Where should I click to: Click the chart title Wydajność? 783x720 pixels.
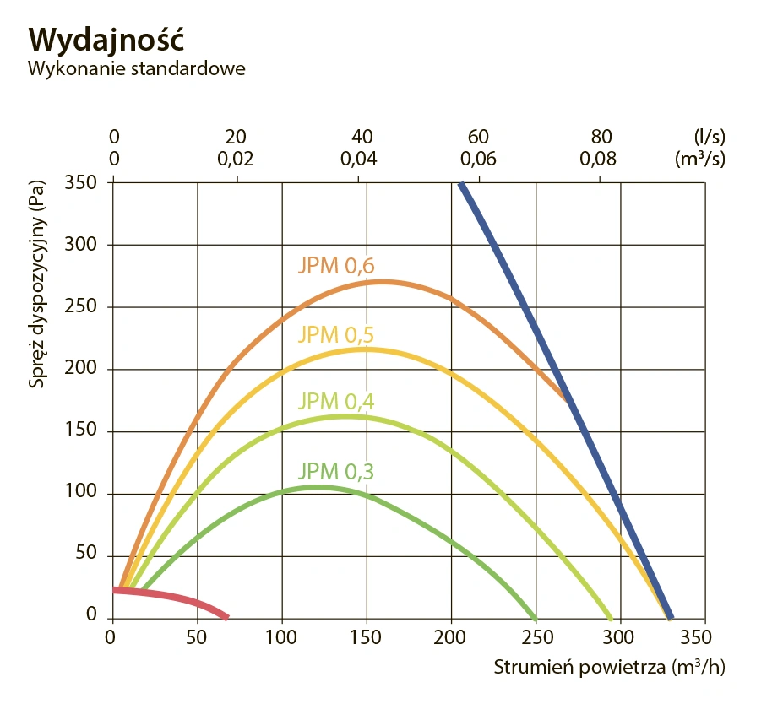coord(106,39)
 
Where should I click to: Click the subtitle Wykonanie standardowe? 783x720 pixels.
coord(137,68)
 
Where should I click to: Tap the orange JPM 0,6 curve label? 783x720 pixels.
coord(336,266)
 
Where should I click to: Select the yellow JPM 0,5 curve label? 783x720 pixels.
coord(336,334)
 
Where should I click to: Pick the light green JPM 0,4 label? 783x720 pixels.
coord(336,401)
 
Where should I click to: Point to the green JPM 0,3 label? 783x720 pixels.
coord(336,471)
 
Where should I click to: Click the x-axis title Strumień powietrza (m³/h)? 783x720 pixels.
coord(609,667)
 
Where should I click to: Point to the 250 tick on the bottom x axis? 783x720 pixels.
coord(536,636)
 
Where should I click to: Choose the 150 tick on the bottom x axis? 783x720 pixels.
coord(367,636)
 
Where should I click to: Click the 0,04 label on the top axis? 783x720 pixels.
coord(360,158)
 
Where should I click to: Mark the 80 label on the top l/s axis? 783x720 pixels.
coord(601,137)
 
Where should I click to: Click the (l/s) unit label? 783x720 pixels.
coord(709,137)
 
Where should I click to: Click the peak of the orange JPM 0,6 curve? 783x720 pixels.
coord(382,282)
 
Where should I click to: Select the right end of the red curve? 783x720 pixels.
coord(226,616)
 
